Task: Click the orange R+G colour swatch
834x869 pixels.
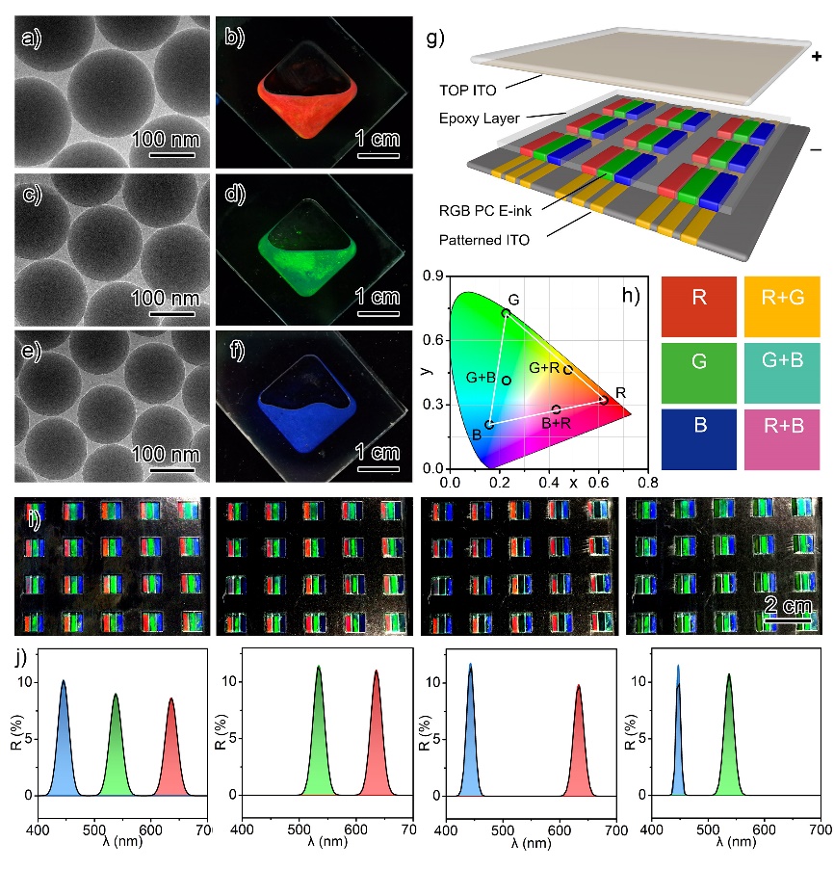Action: pos(784,306)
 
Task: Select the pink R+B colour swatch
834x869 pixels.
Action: pos(784,437)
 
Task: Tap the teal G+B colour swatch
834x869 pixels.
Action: pos(784,372)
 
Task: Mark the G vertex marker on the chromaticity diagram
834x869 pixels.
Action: pos(507,313)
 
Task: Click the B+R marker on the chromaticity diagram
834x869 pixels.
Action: pos(557,409)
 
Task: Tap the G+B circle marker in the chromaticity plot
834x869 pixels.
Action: pos(507,380)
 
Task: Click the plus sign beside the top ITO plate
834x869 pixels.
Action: pos(817,57)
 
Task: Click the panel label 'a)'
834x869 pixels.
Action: pos(35,39)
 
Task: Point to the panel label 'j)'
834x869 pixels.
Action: pos(21,660)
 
